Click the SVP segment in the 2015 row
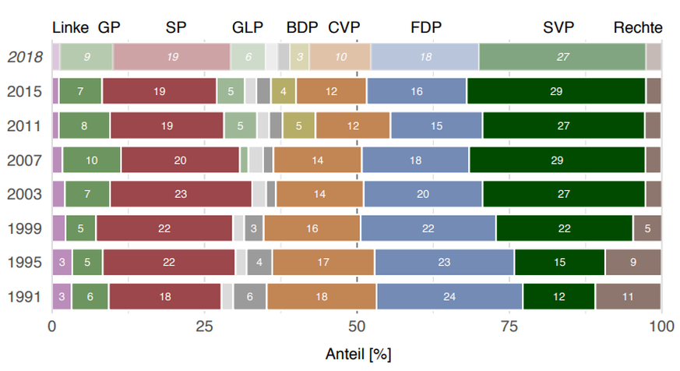click(555, 91)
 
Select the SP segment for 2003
click(180, 193)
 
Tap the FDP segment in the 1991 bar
click(449, 297)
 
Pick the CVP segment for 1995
click(323, 263)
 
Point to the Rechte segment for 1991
click(628, 297)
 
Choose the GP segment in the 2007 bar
click(91, 160)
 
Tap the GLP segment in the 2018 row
click(248, 57)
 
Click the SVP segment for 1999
click(564, 228)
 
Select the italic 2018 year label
click(26, 57)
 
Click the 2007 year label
click(26, 160)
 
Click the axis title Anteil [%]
click(358, 354)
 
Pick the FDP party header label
click(425, 28)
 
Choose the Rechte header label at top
click(637, 28)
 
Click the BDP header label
click(302, 28)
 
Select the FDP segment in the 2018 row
click(425, 57)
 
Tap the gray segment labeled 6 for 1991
click(249, 297)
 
